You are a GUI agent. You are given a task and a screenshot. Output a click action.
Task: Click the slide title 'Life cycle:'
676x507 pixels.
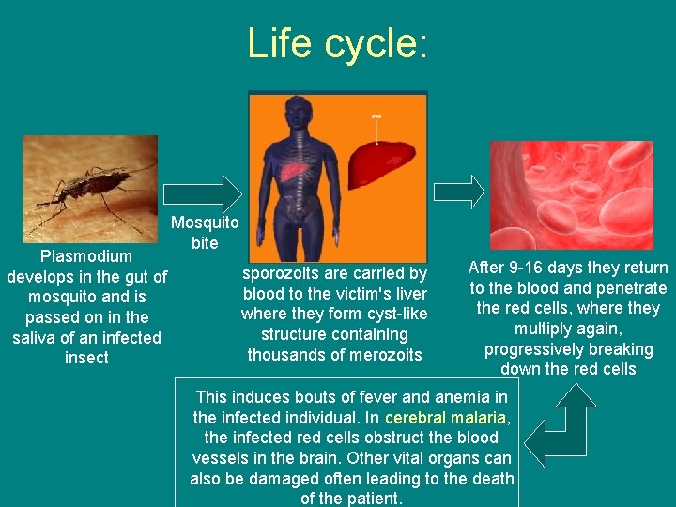click(x=337, y=43)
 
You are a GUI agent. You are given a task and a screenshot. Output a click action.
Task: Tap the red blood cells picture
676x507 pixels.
click(x=572, y=194)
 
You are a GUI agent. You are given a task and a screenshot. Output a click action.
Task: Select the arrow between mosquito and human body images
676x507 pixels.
click(x=203, y=192)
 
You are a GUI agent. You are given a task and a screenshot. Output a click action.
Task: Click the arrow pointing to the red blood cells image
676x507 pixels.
click(x=459, y=192)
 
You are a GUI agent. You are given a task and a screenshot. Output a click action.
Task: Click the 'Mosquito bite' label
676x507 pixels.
click(x=205, y=233)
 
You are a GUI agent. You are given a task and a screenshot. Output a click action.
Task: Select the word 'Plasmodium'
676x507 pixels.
click(x=85, y=255)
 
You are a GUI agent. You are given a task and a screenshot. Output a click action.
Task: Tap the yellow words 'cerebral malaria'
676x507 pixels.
click(x=447, y=417)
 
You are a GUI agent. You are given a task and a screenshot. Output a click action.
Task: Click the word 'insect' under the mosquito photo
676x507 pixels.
click(x=86, y=358)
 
